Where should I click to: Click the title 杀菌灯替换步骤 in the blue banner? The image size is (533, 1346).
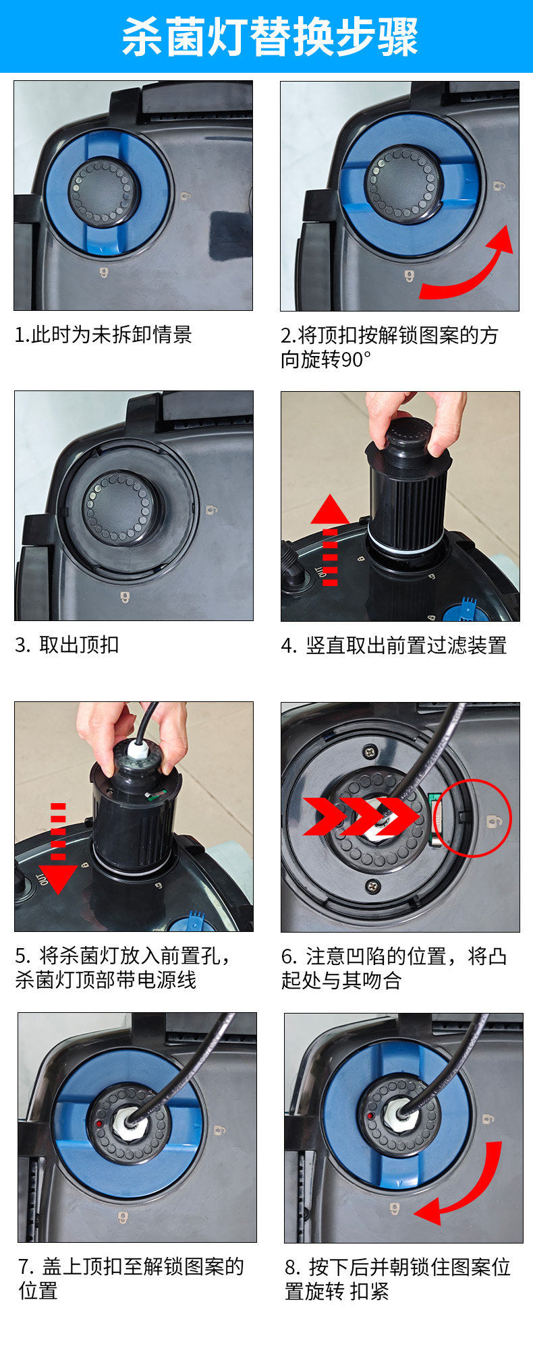[270, 36]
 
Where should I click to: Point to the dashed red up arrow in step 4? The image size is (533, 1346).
[329, 539]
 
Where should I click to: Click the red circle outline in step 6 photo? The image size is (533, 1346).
[472, 818]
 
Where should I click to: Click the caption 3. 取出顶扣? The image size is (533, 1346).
[67, 645]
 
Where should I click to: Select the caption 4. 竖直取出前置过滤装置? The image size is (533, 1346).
[393, 645]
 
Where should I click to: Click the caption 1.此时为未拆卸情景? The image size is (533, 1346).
[103, 334]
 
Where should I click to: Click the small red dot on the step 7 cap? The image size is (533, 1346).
[99, 1124]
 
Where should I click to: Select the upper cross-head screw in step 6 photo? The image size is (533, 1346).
[370, 749]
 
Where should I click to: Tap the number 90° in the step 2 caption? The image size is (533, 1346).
[352, 359]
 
